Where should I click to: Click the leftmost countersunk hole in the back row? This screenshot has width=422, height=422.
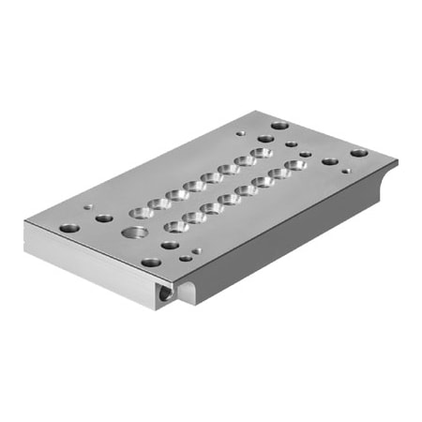[142, 209]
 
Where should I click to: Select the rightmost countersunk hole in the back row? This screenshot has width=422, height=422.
[263, 152]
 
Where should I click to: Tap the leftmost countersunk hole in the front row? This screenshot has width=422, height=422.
[174, 226]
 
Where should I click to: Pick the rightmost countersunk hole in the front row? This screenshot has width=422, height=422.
[296, 165]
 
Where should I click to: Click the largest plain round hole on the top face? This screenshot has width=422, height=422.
[137, 232]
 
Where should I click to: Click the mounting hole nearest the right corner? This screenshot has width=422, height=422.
[359, 152]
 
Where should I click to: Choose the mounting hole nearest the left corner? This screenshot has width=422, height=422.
[68, 227]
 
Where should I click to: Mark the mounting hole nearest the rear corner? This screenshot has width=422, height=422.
[279, 124]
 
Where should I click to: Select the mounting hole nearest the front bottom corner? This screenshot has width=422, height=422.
[150, 263]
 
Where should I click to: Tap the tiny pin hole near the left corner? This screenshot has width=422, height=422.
[89, 208]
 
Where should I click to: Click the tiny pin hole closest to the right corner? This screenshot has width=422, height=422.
[346, 171]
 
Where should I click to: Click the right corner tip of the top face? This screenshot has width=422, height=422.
[397, 159]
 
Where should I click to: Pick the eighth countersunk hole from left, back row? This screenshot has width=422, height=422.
[263, 152]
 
